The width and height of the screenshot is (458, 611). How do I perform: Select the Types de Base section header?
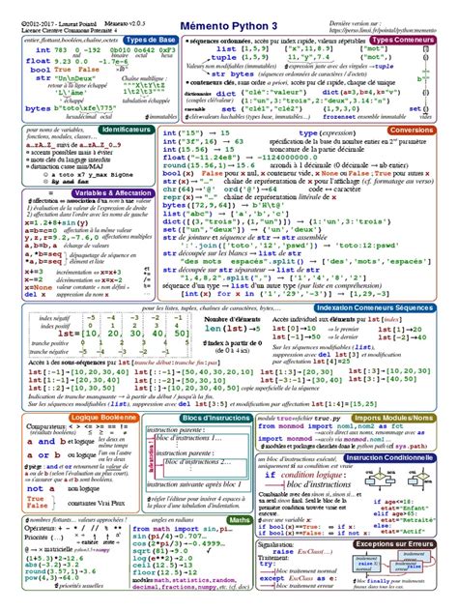tap(150, 40)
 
